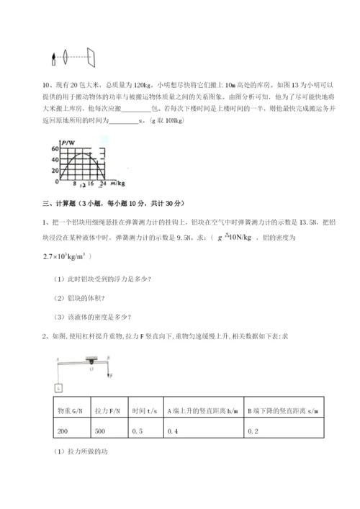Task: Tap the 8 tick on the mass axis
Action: tap(74, 182)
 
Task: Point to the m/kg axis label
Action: tap(117, 182)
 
